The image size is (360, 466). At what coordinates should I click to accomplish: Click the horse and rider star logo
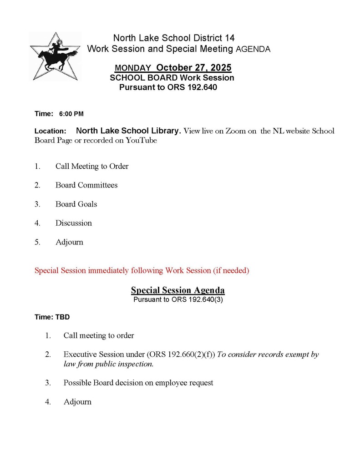click(55, 56)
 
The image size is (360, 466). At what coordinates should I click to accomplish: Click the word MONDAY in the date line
click(133, 68)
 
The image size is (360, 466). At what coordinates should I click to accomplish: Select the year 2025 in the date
click(220, 68)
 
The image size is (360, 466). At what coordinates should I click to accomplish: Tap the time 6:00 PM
click(71, 114)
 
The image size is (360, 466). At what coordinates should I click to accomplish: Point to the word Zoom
click(236, 131)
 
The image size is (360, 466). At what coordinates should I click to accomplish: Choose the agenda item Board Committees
click(86, 185)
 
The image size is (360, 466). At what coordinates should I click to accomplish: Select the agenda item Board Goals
click(76, 204)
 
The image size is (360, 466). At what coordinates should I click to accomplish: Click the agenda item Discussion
click(74, 223)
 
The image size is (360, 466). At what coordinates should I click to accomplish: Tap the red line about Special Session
click(142, 271)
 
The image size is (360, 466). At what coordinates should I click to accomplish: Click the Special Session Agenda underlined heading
click(178, 290)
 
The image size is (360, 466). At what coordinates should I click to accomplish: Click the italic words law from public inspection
click(108, 364)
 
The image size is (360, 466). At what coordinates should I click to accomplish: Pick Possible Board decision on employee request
click(138, 383)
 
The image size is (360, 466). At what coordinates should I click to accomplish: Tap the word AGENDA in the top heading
click(253, 49)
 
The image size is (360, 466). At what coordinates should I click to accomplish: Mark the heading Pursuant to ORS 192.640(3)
click(178, 300)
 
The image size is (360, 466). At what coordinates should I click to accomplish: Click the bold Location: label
click(51, 131)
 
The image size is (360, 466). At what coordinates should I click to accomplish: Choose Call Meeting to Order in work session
click(92, 166)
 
